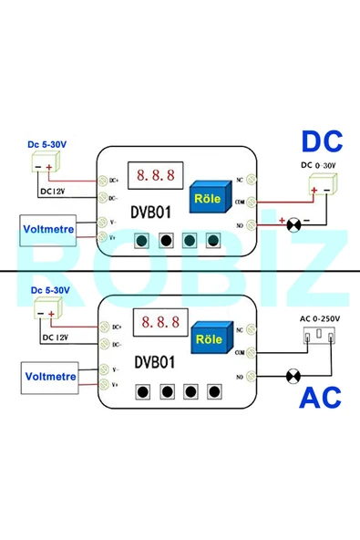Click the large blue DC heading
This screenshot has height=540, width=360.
pos(322,143)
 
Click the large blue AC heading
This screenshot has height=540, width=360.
pos(320,399)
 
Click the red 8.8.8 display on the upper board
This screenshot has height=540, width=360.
pos(155,173)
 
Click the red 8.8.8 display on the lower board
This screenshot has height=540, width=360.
pos(155,323)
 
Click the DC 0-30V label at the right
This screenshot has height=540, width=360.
pos(318,165)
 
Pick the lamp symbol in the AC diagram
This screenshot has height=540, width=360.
pos(294,374)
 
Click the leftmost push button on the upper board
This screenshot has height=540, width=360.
pos(142,241)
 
